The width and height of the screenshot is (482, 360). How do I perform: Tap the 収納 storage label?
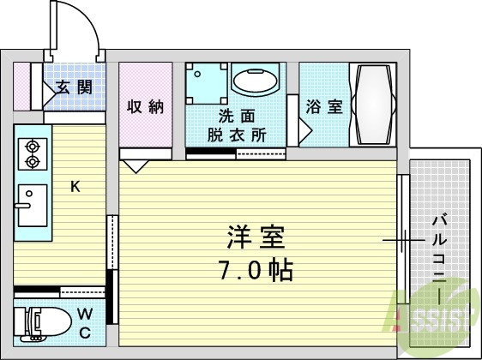[x=145, y=106]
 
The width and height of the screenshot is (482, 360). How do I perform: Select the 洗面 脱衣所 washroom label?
[x=236, y=126]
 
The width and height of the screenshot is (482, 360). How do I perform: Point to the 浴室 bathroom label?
[x=324, y=106]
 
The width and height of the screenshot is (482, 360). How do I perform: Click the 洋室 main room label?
[x=255, y=237]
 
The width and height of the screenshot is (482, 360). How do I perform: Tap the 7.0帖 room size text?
[x=255, y=271]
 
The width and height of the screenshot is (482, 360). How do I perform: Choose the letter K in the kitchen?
[x=75, y=186]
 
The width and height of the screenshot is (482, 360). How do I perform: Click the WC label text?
[x=86, y=323]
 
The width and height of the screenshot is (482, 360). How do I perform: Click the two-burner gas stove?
[x=33, y=153]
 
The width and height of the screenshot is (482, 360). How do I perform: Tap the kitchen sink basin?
[x=33, y=205]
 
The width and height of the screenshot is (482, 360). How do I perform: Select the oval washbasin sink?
[x=254, y=83]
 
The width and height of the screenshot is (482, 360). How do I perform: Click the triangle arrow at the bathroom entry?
[x=304, y=130]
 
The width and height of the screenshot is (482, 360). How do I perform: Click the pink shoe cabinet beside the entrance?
[x=21, y=85]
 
